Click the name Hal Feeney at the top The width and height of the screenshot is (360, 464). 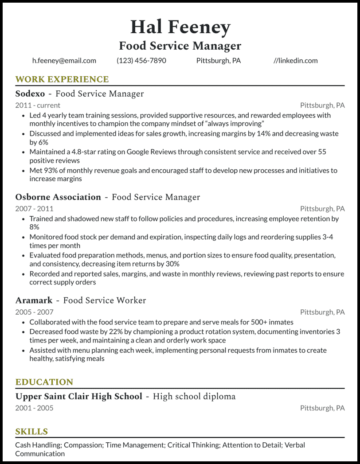pyautogui.click(x=180, y=27)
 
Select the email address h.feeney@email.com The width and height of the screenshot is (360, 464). pyautogui.click(x=64, y=61)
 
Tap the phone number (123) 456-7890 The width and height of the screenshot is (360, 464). pyautogui.click(x=141, y=61)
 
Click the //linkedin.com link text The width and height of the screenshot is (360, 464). pyautogui.click(x=295, y=61)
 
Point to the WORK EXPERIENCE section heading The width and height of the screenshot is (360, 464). pyautogui.click(x=62, y=79)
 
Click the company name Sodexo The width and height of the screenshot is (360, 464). pyautogui.click(x=30, y=94)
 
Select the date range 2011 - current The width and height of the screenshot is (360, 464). pyautogui.click(x=38, y=105)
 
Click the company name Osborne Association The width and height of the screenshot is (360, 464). pyautogui.click(x=58, y=197)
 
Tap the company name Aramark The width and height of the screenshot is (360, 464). pyautogui.click(x=34, y=300)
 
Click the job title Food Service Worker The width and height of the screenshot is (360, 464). pyautogui.click(x=105, y=300)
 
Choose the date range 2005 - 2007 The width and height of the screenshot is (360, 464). pyautogui.click(x=34, y=312)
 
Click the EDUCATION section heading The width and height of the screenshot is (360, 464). pyautogui.click(x=44, y=382)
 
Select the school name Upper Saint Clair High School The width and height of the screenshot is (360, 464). pyautogui.click(x=79, y=396)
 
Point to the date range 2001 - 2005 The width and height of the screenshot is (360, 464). pyautogui.click(x=34, y=408)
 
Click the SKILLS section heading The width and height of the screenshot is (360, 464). pyautogui.click(x=31, y=432)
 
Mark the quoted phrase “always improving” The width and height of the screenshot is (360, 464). pyautogui.click(x=235, y=123)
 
